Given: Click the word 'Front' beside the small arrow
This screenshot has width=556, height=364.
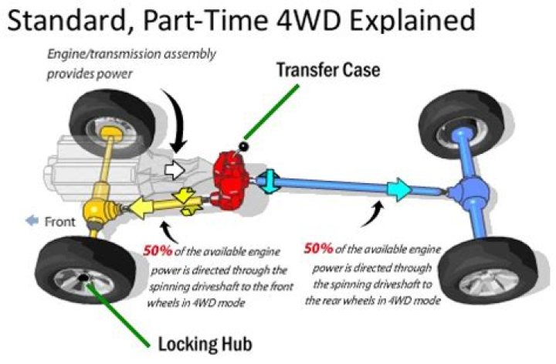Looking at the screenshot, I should tap(59, 222).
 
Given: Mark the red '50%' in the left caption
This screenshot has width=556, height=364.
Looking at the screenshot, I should tap(159, 250).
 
